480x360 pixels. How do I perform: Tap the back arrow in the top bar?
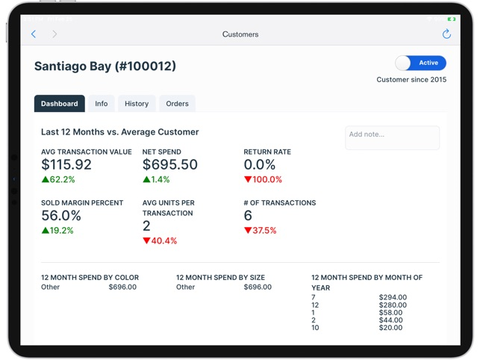(34, 34)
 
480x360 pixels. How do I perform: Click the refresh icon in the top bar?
(446, 34)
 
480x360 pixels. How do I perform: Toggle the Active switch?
(420, 63)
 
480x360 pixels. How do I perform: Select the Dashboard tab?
(60, 104)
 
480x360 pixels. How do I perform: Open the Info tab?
(102, 104)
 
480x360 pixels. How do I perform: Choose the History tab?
(137, 104)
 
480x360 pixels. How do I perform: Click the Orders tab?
(178, 104)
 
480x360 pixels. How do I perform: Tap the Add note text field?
(392, 137)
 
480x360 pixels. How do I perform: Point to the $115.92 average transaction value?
(66, 165)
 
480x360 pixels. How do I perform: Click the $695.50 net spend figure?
(170, 165)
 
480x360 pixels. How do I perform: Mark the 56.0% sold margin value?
(61, 216)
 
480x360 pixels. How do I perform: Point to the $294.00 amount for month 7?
(393, 297)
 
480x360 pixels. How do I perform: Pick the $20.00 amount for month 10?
(391, 328)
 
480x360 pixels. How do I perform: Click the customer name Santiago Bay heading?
(105, 66)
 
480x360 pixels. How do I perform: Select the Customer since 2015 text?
(411, 80)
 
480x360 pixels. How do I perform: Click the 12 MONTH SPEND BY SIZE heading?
(224, 278)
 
